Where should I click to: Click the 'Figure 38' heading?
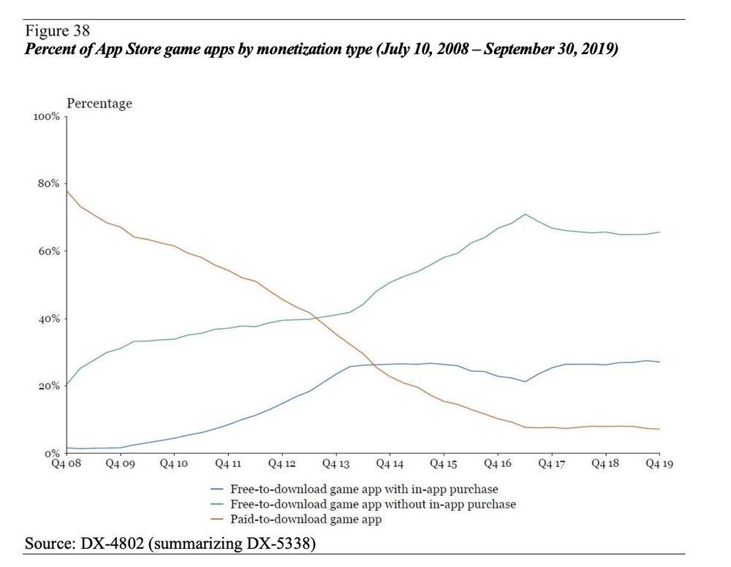coord(58,31)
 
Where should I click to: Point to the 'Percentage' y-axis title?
coord(99,103)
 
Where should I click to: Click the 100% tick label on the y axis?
coord(47,117)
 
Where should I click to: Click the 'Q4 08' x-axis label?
coord(66,463)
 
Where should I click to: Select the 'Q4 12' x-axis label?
coord(281,463)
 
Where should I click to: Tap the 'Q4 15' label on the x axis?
coord(444,463)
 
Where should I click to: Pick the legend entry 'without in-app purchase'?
coord(373,504)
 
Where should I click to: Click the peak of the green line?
coord(525,214)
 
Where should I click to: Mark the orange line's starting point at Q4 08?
coord(67,190)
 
